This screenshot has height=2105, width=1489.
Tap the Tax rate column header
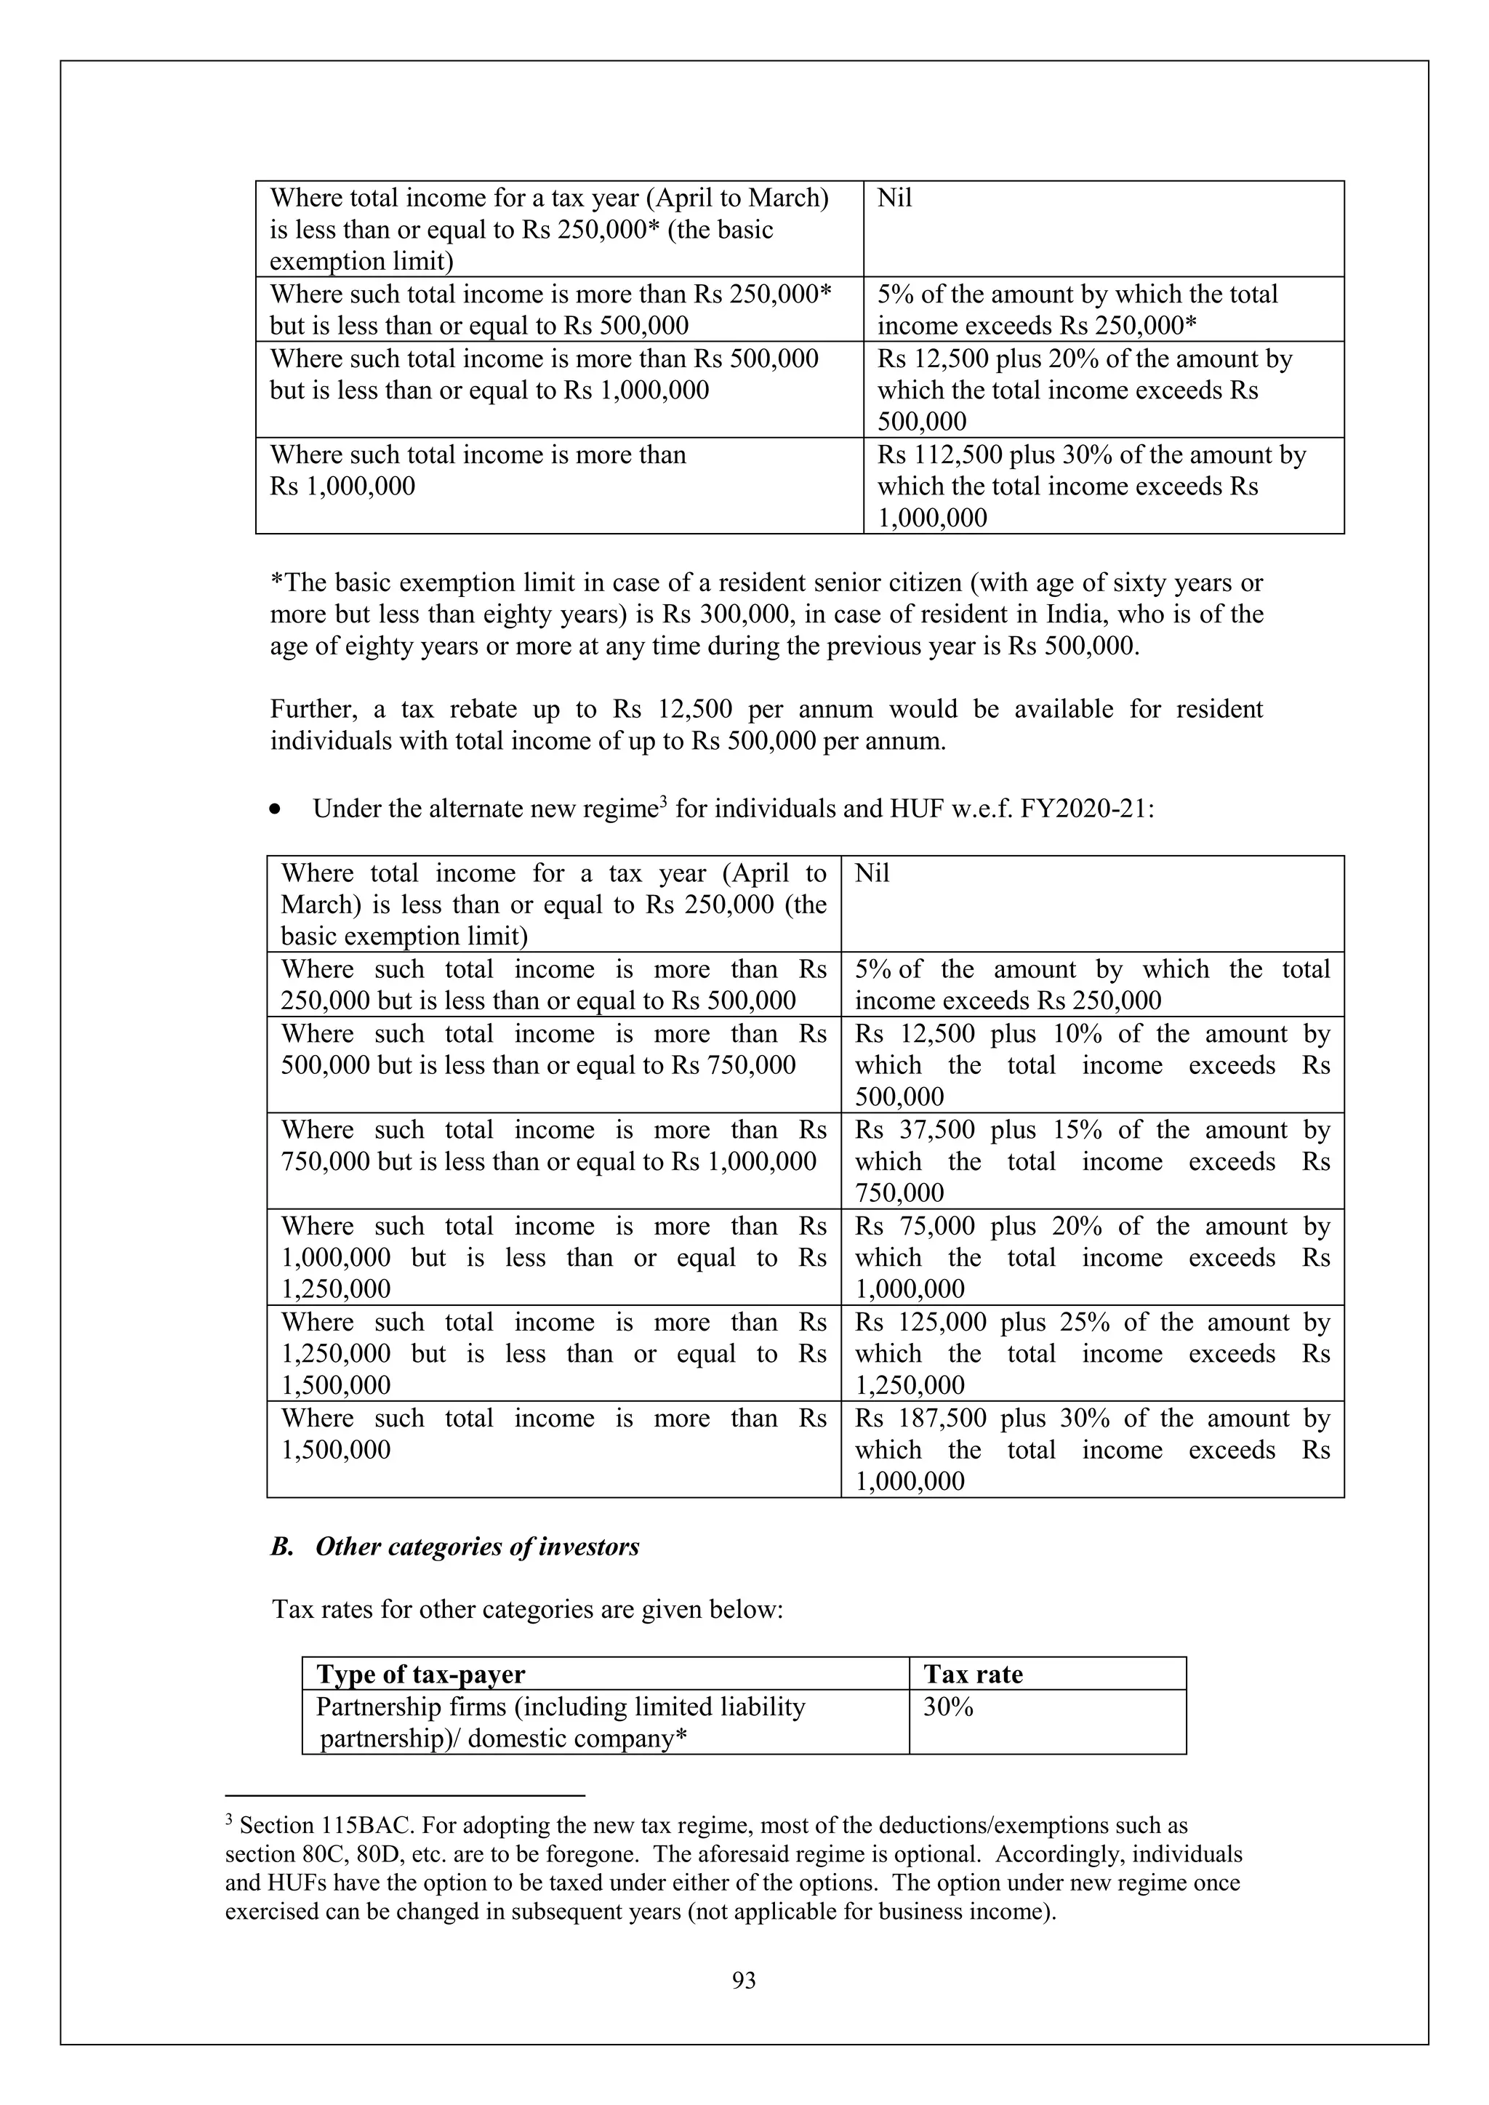[973, 1674]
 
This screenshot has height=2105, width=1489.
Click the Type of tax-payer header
[421, 1674]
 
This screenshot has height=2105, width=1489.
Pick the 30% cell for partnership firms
[948, 1707]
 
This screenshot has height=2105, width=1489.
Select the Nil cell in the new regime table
[872, 874]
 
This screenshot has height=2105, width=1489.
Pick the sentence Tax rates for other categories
[527, 1610]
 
